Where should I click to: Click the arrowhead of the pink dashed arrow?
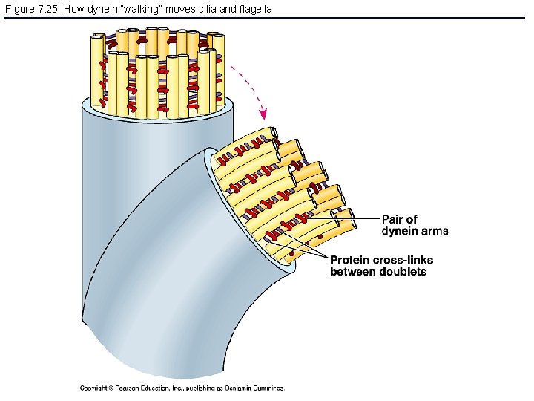pyautogui.click(x=261, y=114)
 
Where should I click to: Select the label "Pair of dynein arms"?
pyautogui.click(x=415, y=225)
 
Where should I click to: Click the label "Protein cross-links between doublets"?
pyautogui.click(x=381, y=266)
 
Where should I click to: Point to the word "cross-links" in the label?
pyautogui.click(x=404, y=260)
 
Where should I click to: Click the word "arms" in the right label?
pyautogui.click(x=434, y=231)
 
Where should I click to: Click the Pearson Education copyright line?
pyautogui.click(x=182, y=388)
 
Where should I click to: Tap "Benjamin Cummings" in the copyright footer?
pyautogui.click(x=257, y=388)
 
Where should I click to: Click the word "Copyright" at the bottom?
pyautogui.click(x=93, y=388)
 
